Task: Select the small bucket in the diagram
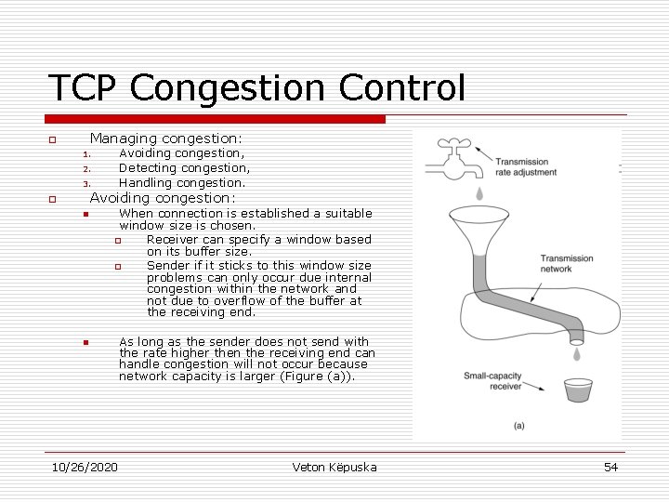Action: pos(578,390)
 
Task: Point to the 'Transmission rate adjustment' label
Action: pos(521,166)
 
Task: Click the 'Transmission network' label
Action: pos(567,263)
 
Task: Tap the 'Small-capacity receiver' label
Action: pos(492,380)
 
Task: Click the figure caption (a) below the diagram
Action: pos(518,425)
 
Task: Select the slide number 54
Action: pos(610,467)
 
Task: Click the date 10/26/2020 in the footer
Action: pos(85,467)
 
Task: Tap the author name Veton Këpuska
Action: pos(334,467)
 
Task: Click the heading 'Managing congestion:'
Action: pos(165,138)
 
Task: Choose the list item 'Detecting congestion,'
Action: pos(184,168)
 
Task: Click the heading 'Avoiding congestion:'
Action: pos(163,197)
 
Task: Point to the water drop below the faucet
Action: pos(479,193)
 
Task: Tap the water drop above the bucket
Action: pos(577,354)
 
